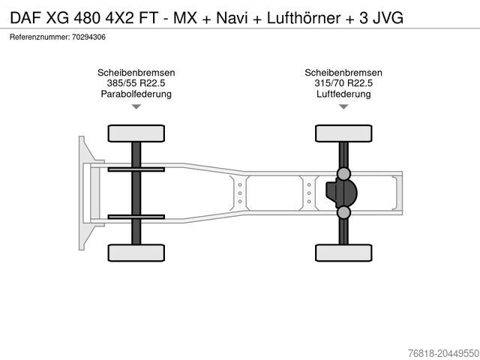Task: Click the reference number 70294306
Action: [88, 37]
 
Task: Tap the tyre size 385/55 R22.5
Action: [136, 83]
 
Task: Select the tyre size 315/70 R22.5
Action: [343, 83]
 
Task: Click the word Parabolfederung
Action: [136, 94]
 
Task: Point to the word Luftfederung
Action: [343, 94]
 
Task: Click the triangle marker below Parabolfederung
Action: [136, 106]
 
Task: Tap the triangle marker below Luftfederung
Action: [343, 106]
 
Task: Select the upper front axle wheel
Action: [136, 133]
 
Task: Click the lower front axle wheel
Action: [136, 253]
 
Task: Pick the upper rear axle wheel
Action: [343, 133]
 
